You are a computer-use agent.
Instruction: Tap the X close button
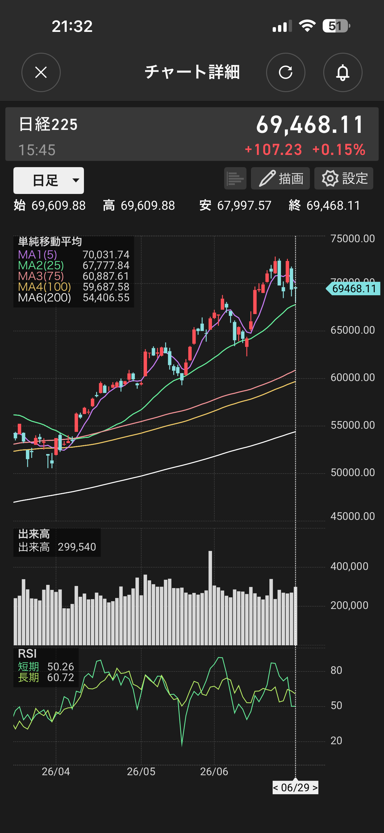pos(41,72)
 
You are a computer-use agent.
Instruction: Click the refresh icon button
pos(285,72)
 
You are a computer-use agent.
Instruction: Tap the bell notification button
pos(343,72)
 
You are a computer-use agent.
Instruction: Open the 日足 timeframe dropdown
pos(49,181)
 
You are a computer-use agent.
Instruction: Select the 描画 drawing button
pos(280,178)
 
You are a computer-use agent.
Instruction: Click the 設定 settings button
pos(344,178)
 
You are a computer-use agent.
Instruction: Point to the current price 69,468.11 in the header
pos(310,125)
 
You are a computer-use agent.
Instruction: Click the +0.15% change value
pos(339,150)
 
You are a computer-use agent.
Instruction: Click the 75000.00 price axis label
pos(353,239)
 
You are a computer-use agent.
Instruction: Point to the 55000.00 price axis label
pos(353,425)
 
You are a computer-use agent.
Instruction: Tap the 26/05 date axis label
pos(141,772)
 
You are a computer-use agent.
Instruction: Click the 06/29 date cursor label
pos(295,787)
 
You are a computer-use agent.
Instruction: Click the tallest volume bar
pos(210,598)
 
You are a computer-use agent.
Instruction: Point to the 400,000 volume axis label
pos(349,566)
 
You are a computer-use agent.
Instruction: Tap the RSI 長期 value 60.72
pos(60,677)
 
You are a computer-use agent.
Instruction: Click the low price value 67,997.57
pos(244,205)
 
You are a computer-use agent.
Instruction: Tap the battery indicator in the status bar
pos(336,26)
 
